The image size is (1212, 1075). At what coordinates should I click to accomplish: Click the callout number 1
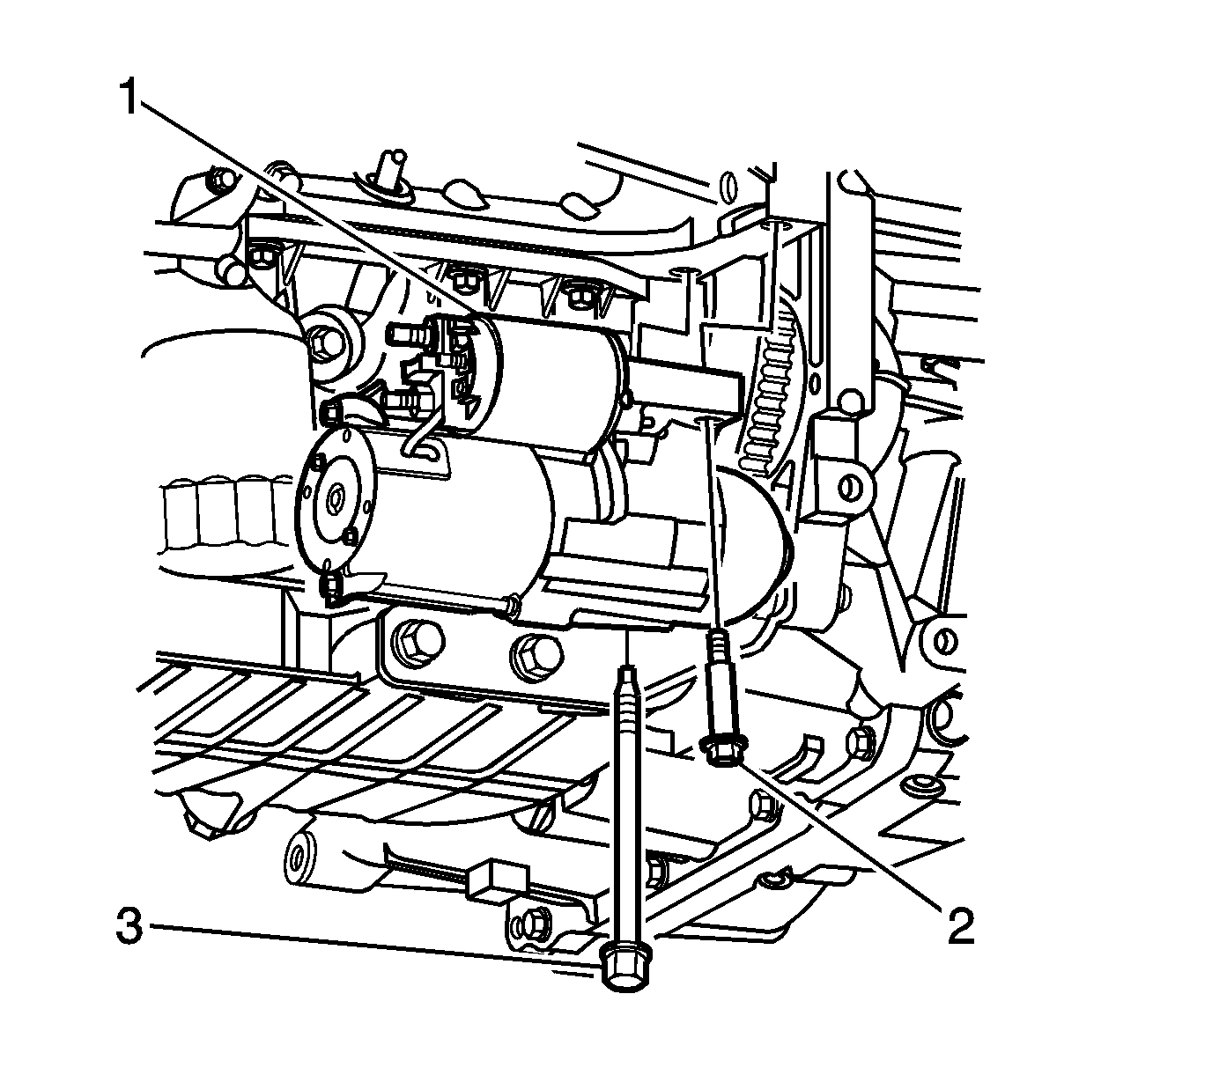(129, 98)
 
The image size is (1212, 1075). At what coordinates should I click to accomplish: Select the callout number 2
(961, 925)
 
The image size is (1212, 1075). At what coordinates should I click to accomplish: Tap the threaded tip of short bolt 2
(720, 641)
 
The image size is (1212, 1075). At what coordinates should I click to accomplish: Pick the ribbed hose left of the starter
(220, 515)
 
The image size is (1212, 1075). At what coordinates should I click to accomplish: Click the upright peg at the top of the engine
(389, 167)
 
